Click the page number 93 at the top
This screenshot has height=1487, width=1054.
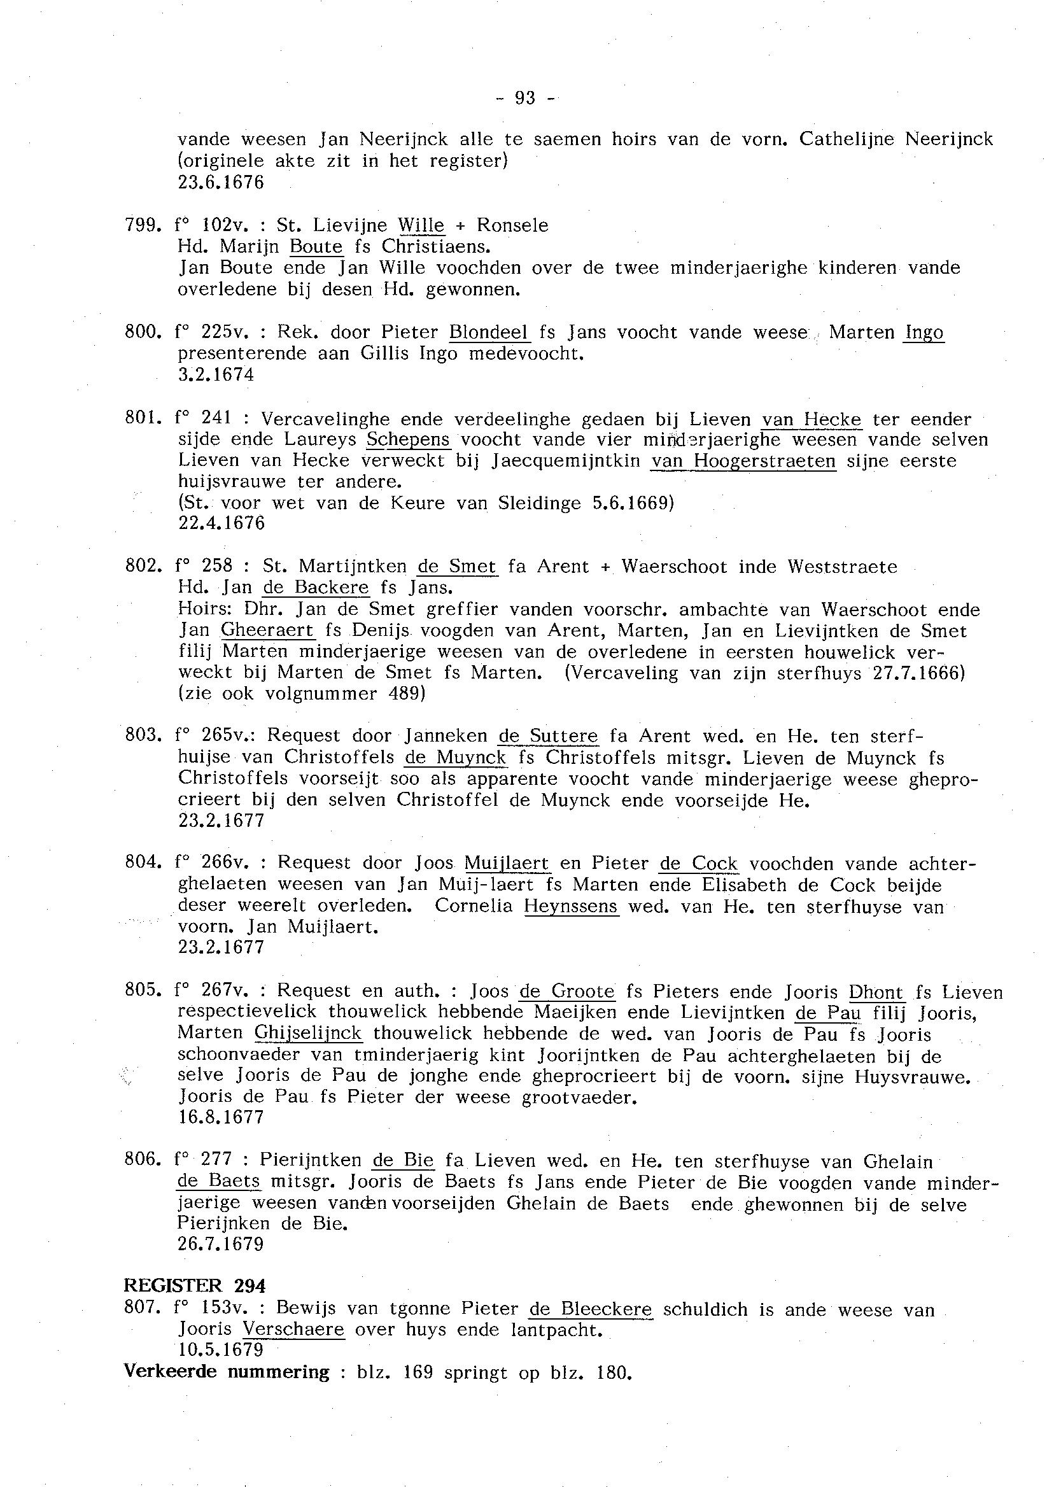click(525, 98)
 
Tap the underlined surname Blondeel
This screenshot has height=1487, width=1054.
click(489, 332)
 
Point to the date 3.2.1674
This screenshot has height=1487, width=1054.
click(216, 374)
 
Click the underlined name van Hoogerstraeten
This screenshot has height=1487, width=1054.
click(743, 461)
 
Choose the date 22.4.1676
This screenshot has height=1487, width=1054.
click(221, 523)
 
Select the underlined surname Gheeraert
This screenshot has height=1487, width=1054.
click(267, 630)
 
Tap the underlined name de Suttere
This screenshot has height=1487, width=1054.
click(548, 736)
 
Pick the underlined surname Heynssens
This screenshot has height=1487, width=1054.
click(571, 906)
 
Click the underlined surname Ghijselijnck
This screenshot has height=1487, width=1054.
click(308, 1032)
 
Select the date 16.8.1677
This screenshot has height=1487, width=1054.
click(221, 1117)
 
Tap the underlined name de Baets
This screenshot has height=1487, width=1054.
click(219, 1181)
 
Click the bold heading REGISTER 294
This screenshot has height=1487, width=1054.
click(195, 1286)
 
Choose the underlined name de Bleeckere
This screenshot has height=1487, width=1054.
click(591, 1309)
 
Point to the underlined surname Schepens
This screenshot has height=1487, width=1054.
click(408, 439)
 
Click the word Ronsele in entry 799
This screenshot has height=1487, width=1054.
click(513, 225)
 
